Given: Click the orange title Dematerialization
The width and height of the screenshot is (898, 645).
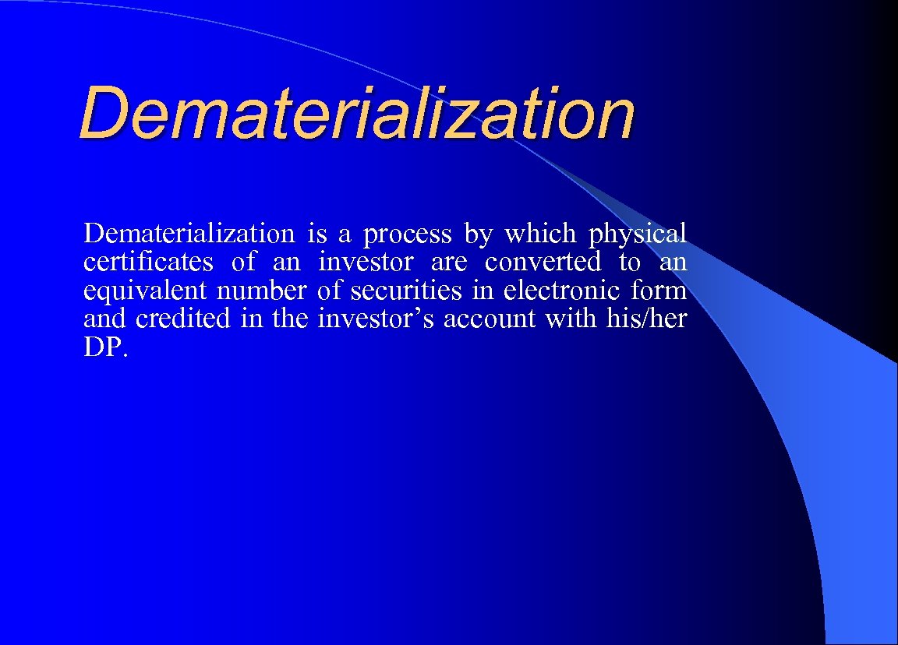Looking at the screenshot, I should [357, 115].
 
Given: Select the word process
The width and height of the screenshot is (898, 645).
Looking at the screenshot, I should [407, 234].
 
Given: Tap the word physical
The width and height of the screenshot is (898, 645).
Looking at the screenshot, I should [638, 234].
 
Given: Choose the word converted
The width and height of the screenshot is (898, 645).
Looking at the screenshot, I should [543, 261].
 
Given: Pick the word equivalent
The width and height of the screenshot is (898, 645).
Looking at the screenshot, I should [146, 290].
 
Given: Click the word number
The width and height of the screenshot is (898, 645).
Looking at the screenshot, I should [262, 290].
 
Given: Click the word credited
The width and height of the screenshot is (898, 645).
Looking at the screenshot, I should [183, 318].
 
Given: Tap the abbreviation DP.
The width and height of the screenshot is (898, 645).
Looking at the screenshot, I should [101, 347].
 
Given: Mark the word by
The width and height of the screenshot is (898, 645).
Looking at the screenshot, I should [478, 234].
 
